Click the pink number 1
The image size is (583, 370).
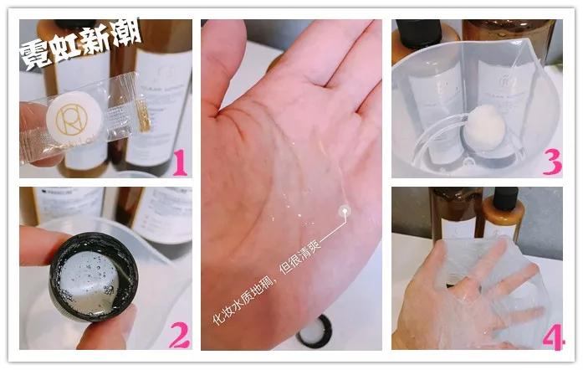coord(177,161)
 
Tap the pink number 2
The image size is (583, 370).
coord(177,333)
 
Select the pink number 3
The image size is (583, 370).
coord(550,161)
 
